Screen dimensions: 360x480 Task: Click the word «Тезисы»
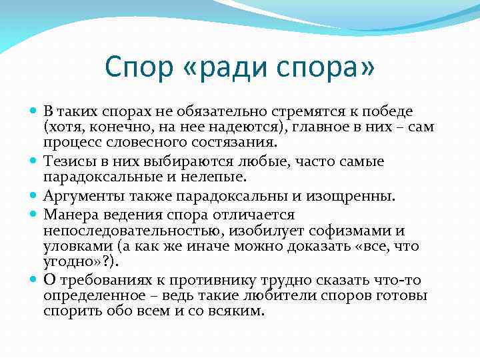tap(67, 162)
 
